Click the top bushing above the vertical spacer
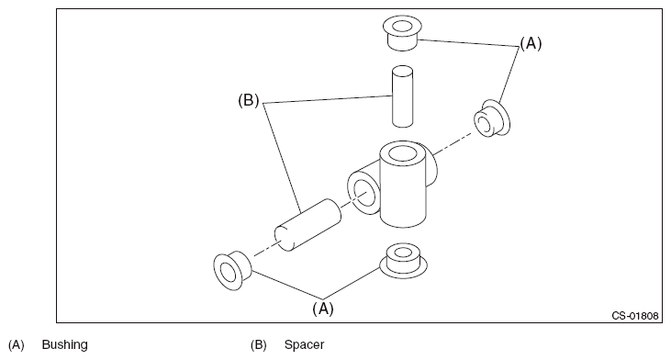402,33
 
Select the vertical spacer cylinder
402,96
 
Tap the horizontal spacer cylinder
308,225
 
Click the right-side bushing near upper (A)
492,118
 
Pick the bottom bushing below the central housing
403,261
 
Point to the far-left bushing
231,271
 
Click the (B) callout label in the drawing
249,101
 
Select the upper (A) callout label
531,43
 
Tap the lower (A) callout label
323,309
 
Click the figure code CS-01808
635,316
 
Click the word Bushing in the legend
64,344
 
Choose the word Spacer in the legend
304,344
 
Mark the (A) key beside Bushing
17,344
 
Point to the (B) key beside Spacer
259,344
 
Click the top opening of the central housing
401,153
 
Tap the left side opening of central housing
364,193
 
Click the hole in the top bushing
401,27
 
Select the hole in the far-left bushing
228,272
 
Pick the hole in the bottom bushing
402,253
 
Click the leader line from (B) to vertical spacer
327,99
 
